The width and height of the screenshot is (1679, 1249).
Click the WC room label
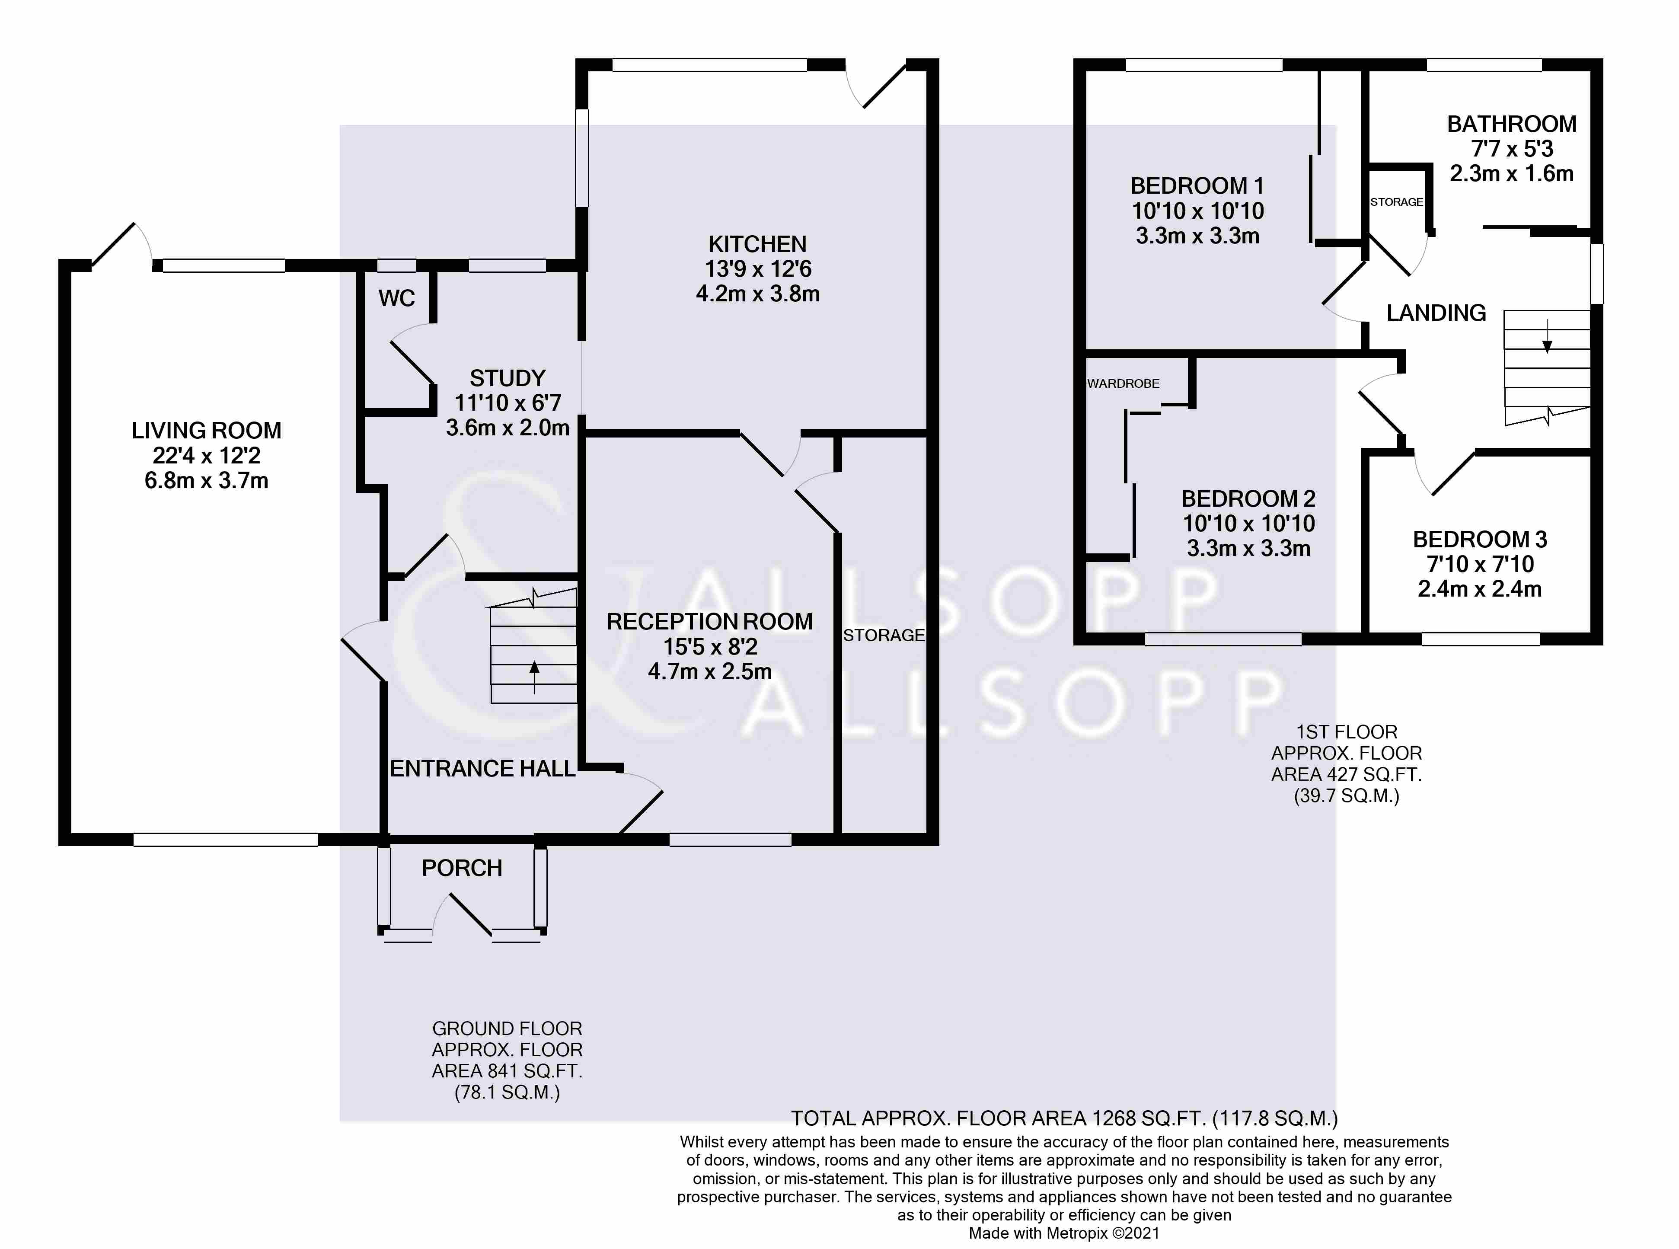click(397, 299)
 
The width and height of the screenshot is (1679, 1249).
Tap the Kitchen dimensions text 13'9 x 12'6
click(758, 269)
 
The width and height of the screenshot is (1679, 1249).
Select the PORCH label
click(462, 868)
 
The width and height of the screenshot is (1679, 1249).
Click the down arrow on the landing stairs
click(1547, 336)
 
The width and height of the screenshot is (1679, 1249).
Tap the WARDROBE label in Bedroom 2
click(1124, 383)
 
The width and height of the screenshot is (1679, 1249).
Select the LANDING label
click(1436, 313)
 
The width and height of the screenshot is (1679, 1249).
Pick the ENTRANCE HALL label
click(482, 769)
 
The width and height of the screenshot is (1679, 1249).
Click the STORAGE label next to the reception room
click(884, 636)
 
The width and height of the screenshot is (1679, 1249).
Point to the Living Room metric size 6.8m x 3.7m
click(206, 481)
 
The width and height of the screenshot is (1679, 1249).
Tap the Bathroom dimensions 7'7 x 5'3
click(1512, 149)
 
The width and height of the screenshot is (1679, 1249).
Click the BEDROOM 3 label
click(1480, 540)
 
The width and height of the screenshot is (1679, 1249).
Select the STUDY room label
click(507, 378)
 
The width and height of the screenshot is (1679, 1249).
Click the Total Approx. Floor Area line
click(1064, 1118)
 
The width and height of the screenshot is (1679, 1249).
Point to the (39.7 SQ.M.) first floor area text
click(1347, 796)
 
